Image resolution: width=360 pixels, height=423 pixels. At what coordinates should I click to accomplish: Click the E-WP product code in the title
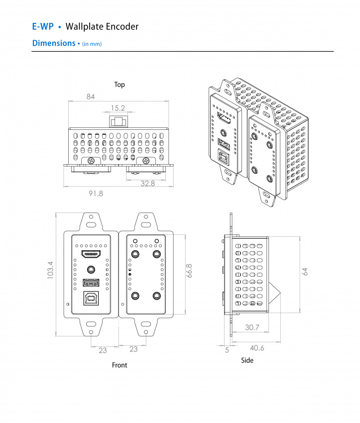pos(42,26)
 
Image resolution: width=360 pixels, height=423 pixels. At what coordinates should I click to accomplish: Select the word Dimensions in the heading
pos(53,43)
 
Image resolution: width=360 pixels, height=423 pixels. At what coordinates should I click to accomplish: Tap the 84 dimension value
pos(90,97)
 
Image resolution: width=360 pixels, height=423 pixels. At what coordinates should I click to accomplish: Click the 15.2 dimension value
pos(118,107)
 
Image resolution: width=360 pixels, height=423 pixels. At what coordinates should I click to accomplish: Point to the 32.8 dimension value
pos(147,183)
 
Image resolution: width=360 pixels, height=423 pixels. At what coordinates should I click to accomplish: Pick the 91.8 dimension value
pos(96,193)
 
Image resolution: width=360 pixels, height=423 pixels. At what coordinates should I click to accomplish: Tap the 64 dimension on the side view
pos(305,271)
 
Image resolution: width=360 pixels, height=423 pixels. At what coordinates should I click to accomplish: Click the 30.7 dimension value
pos(252,327)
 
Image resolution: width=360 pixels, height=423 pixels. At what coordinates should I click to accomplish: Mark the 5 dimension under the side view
pos(227,350)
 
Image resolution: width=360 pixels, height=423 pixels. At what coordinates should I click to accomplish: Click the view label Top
pos(120,85)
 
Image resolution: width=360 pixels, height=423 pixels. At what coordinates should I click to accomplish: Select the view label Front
pos(120,365)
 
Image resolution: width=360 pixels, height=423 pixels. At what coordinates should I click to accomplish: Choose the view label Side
pos(247,360)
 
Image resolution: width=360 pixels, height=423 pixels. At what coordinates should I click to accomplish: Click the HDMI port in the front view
pos(91,256)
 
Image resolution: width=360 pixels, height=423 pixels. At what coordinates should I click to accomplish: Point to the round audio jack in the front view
pos(91,269)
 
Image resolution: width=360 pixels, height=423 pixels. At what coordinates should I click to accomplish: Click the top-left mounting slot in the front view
pos(91,217)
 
